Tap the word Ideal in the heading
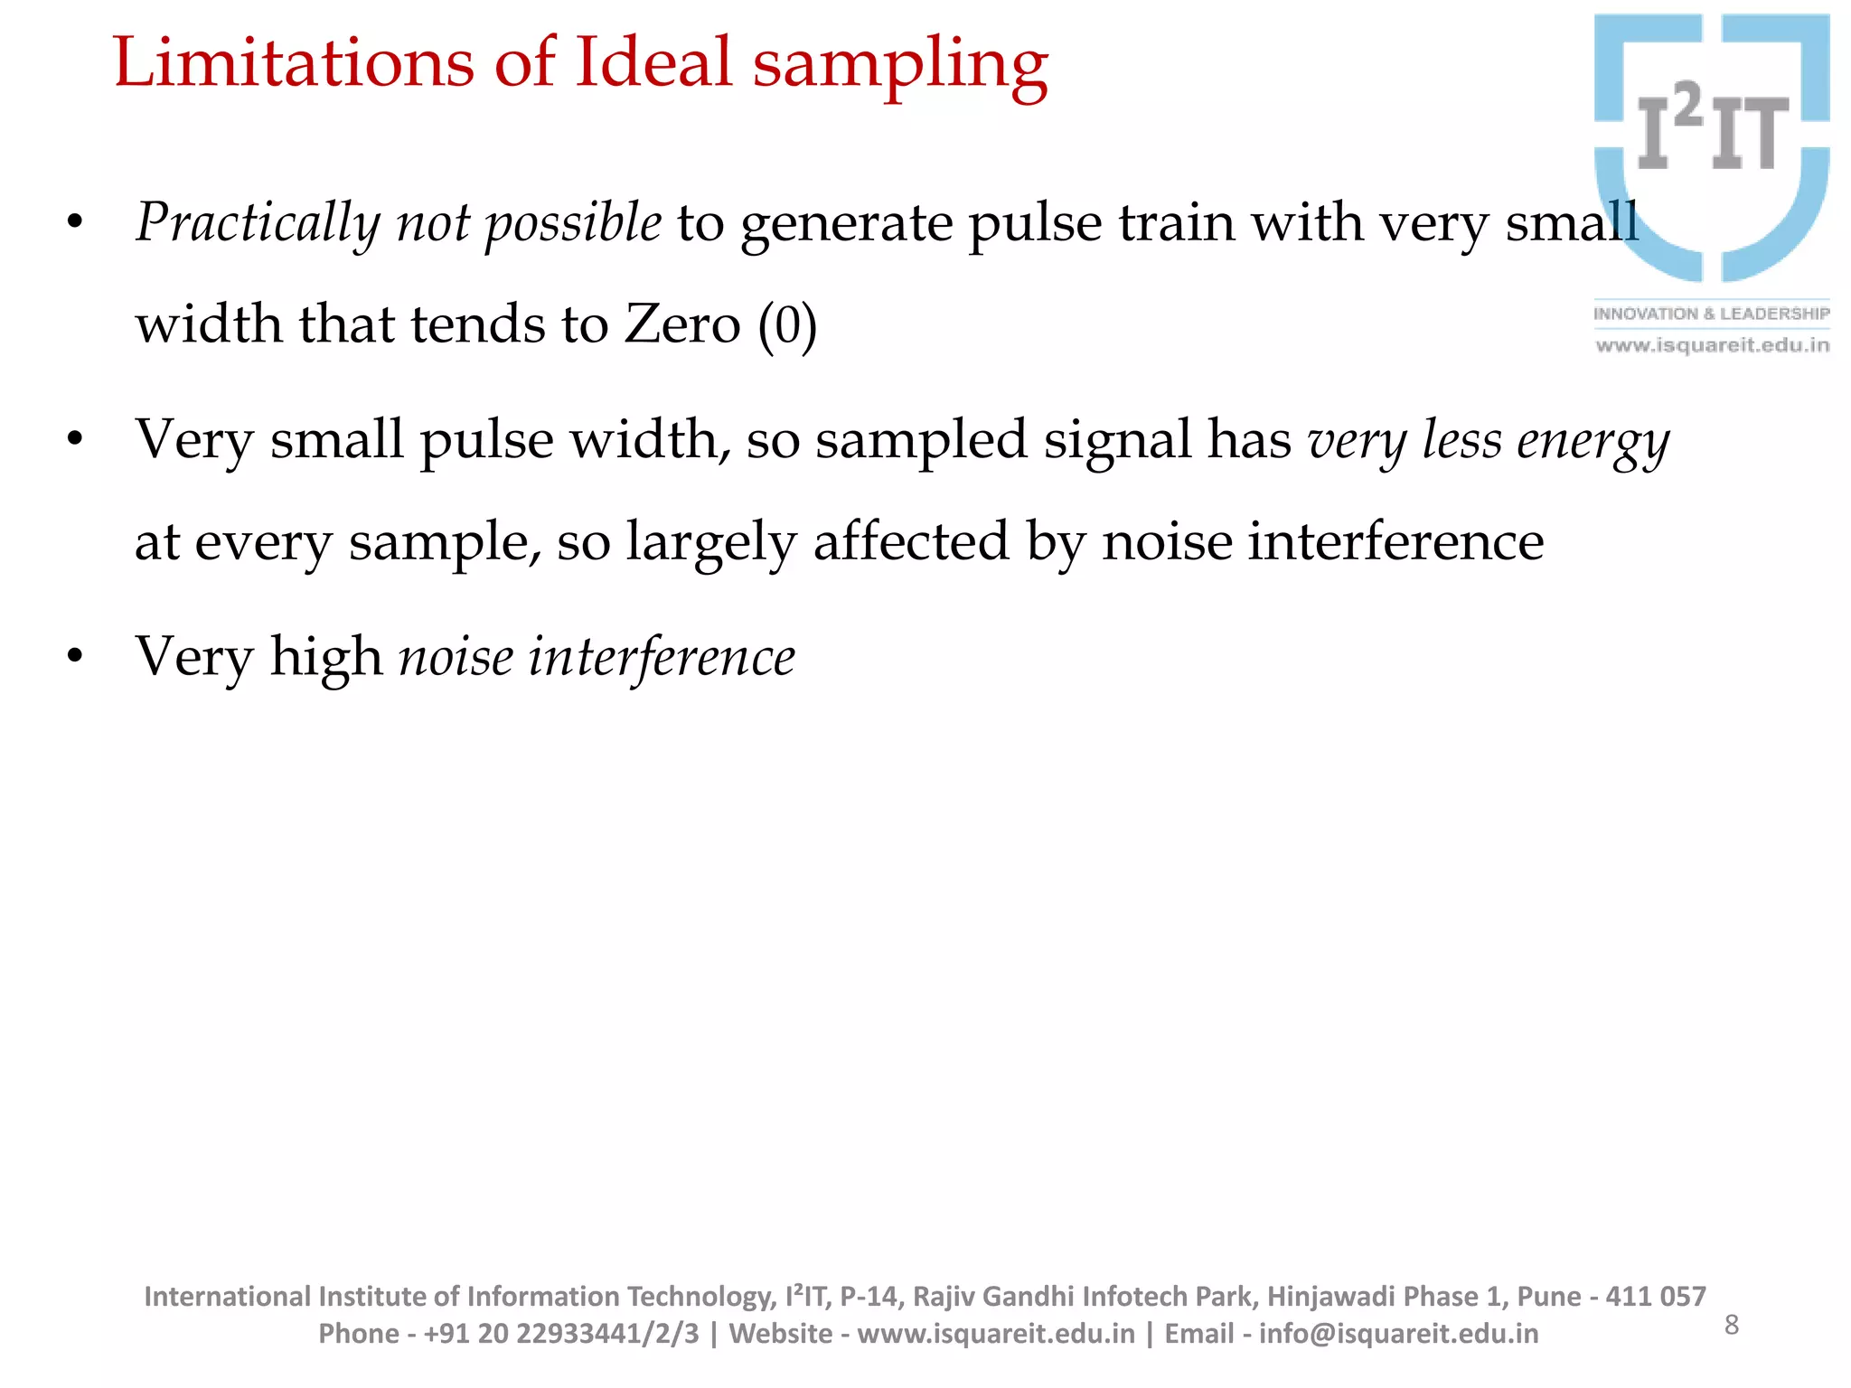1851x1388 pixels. pyautogui.click(x=653, y=62)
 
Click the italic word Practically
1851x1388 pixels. pyautogui.click(x=258, y=223)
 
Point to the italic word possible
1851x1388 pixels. pyautogui.click(x=573, y=223)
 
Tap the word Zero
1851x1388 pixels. pyautogui.click(x=682, y=324)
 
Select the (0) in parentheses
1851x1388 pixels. pyautogui.click(x=787, y=325)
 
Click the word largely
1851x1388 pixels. pyautogui.click(x=711, y=543)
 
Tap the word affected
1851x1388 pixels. pyautogui.click(x=911, y=541)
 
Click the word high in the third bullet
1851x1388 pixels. pyautogui.click(x=326, y=658)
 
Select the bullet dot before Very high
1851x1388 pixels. pyautogui.click(x=75, y=657)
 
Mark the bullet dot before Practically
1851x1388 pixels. pyautogui.click(x=75, y=222)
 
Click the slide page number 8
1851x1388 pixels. pyautogui.click(x=1732, y=1325)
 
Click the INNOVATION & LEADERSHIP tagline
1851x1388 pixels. pyautogui.click(x=1711, y=314)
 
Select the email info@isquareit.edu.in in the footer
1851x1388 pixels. pyautogui.click(x=1398, y=1334)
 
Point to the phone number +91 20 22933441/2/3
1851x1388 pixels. pyautogui.click(x=561, y=1334)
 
